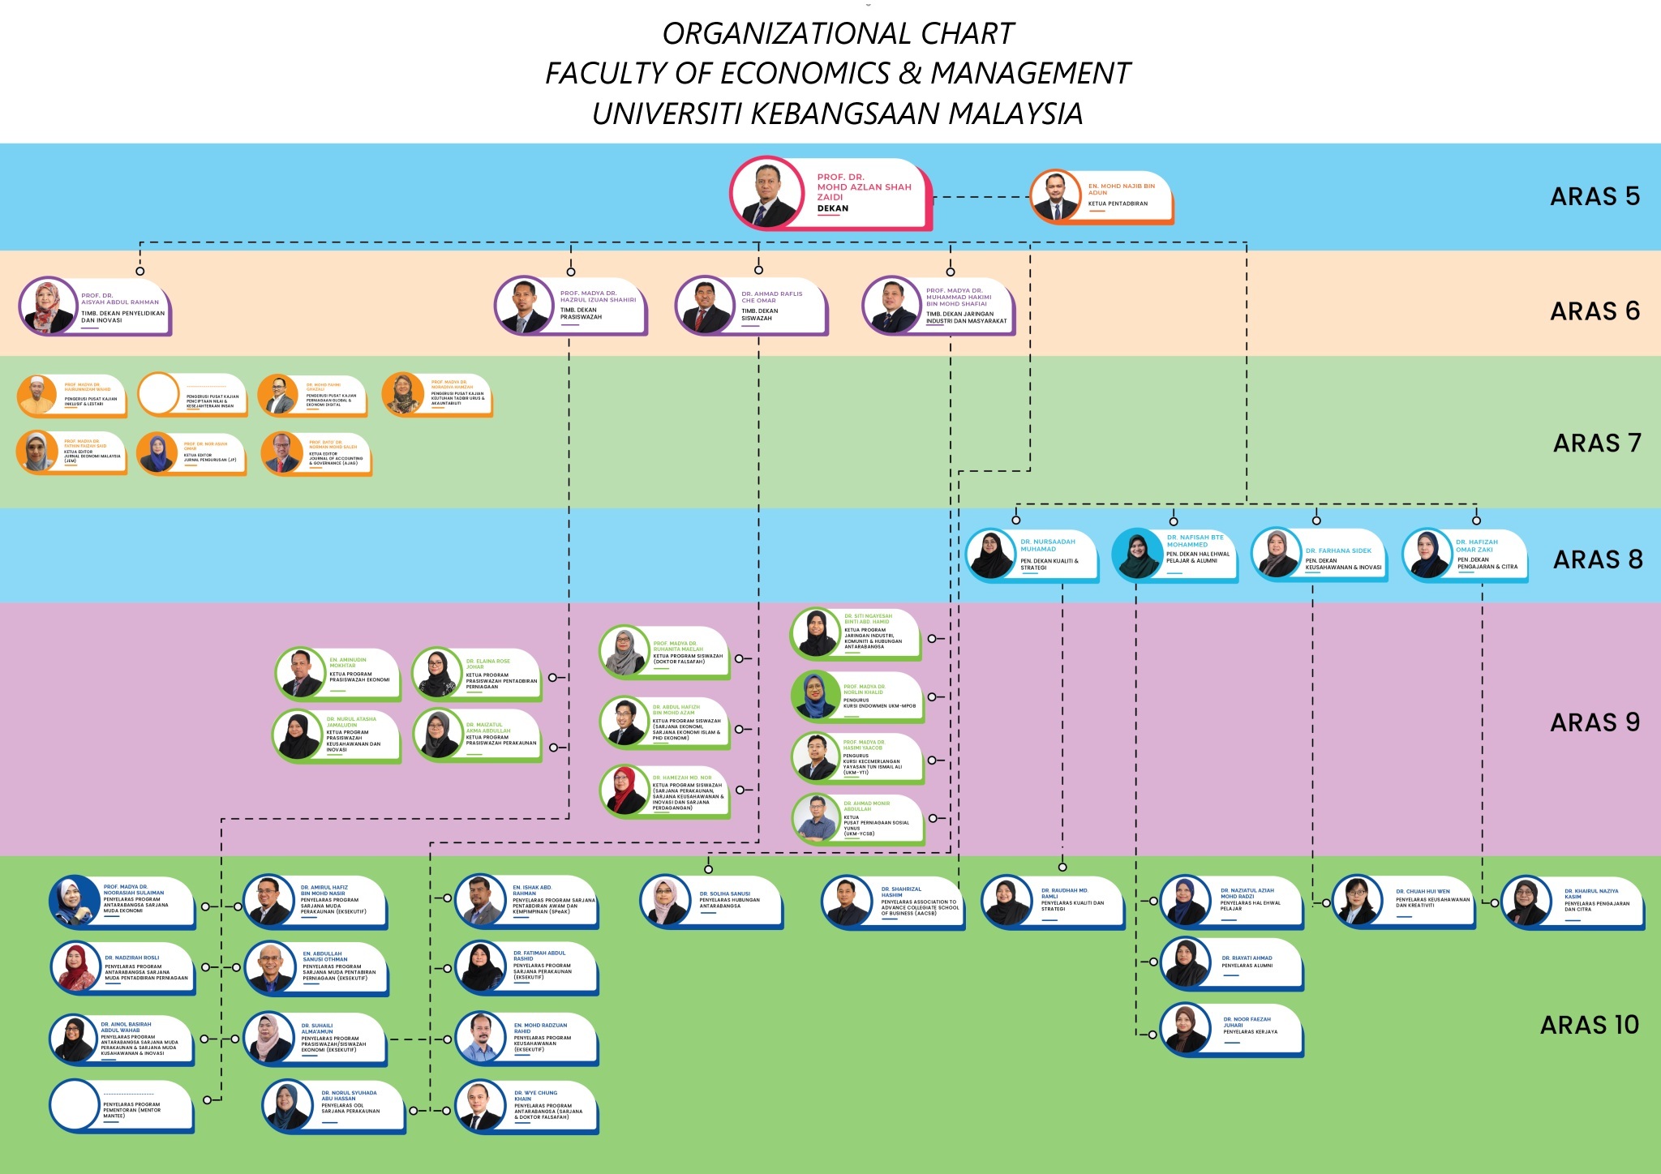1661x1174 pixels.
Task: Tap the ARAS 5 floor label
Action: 1594,196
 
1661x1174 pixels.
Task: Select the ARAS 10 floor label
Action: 1589,1025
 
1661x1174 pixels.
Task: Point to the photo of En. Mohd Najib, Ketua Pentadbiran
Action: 1055,197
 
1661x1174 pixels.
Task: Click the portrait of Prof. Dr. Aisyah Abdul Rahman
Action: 47,306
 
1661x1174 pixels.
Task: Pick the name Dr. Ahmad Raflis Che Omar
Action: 771,297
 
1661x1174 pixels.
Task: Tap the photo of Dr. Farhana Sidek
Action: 1276,555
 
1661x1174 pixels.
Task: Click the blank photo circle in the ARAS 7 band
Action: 158,394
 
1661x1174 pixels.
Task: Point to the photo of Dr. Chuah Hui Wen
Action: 1357,900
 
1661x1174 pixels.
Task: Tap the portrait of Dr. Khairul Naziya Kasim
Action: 1526,902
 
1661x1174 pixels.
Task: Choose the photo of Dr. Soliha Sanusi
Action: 665,900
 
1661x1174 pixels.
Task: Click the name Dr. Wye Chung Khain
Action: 535,1095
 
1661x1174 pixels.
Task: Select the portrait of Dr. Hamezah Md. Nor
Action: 624,791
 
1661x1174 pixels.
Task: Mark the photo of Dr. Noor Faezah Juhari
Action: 1185,1029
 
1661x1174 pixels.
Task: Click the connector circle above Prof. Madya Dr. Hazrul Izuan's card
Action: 571,272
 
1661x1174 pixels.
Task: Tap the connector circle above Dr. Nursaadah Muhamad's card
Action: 1015,520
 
